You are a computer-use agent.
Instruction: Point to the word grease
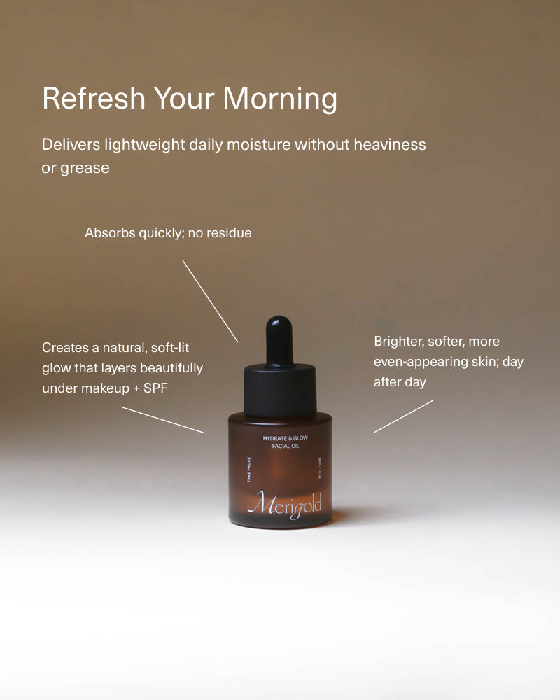85,168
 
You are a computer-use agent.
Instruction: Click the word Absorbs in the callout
109,232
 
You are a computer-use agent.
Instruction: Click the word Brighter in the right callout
400,342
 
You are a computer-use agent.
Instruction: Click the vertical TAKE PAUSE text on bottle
249,470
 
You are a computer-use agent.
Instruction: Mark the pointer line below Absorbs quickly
210,301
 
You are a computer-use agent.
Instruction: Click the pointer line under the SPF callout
163,420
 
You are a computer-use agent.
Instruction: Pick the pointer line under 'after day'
403,416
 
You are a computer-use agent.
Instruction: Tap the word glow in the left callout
55,368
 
